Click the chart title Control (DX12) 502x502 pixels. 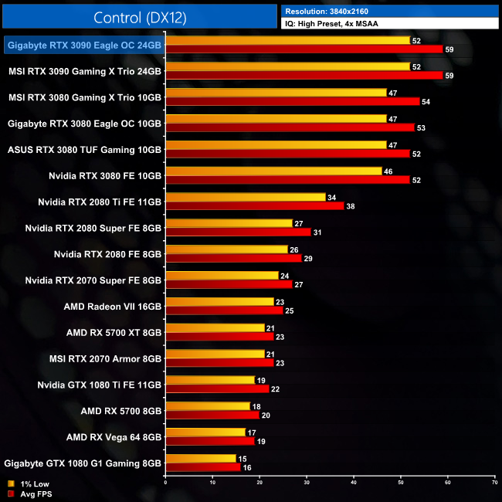coord(140,18)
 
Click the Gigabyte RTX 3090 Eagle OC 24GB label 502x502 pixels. coord(84,46)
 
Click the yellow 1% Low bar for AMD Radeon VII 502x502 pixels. coord(220,302)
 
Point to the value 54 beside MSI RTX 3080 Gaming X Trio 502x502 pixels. coord(426,102)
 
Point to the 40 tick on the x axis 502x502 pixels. coord(354,483)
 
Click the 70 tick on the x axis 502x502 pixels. coord(495,483)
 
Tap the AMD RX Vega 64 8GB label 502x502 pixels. coord(114,437)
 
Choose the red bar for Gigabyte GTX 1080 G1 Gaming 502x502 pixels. coord(203,467)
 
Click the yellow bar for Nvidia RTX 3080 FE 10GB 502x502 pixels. coord(273,171)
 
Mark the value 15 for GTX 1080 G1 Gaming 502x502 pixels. coord(243,459)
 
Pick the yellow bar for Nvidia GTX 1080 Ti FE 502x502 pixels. coord(210,380)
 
